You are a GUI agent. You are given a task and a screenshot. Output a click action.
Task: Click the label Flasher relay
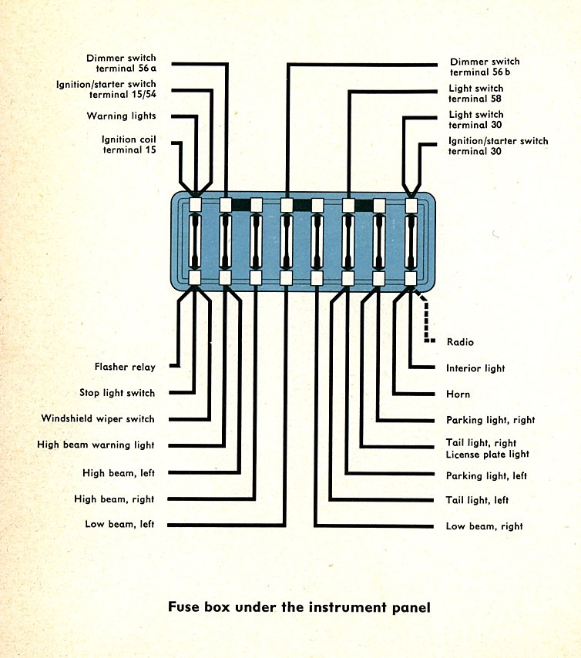125,368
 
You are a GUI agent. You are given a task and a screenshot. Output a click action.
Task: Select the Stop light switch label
117,393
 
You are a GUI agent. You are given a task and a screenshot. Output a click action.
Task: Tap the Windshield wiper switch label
98,419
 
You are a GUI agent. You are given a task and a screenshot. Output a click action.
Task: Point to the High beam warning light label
96,445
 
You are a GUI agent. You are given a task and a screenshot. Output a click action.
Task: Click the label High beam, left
119,473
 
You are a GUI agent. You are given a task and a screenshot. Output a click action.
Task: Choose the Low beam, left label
119,525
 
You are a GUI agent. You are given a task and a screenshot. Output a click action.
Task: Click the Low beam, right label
484,526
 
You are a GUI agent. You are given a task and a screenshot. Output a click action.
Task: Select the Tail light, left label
477,501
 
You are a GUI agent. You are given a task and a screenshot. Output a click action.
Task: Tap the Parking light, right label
490,421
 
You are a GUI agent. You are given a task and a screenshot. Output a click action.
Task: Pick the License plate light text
487,455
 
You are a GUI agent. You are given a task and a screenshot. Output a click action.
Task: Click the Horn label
458,394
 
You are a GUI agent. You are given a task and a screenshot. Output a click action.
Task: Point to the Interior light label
475,368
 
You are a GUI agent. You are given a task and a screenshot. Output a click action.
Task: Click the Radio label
460,342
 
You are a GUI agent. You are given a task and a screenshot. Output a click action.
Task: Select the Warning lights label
121,116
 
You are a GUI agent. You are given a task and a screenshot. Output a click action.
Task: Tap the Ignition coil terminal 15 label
129,145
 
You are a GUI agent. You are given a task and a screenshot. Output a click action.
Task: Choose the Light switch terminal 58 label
476,93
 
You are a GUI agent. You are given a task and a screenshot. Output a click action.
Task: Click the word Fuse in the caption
184,606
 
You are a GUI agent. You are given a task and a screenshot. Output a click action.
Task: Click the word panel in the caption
409,607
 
